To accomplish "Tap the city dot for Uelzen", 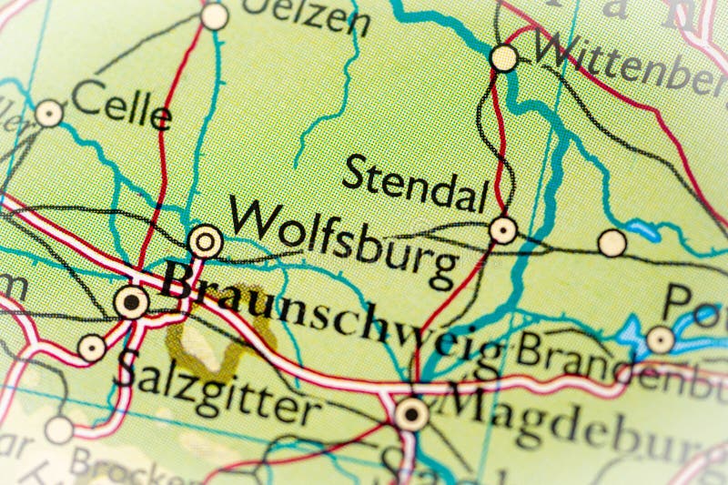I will coord(215,15).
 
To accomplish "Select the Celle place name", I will coord(121,106).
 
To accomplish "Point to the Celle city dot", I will coord(49,114).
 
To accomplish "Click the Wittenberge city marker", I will coord(503,58).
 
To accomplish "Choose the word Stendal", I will coord(416,185).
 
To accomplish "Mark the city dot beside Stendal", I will coord(502,229).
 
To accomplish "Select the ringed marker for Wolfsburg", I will coord(205,242).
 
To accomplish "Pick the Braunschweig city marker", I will coord(133,301).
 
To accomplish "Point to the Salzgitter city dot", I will coord(91,348).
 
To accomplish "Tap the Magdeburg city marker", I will coord(411,415).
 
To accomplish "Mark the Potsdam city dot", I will coord(660,340).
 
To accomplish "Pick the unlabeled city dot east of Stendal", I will coord(612,243).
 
